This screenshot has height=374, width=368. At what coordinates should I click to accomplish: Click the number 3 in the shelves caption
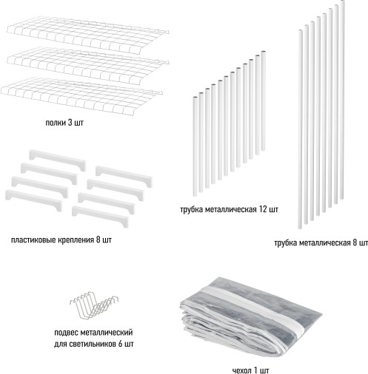click(x=70, y=123)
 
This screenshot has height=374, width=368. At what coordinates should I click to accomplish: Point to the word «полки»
click(x=56, y=123)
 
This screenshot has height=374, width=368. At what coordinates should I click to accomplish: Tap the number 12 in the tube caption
click(x=262, y=209)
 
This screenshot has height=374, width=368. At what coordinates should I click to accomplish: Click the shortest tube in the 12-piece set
click(x=195, y=146)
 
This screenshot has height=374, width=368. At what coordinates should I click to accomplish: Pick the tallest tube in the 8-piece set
click(x=342, y=100)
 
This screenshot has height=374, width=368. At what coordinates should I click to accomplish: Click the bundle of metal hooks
click(x=94, y=305)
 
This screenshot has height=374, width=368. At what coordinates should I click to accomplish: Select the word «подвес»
click(x=65, y=333)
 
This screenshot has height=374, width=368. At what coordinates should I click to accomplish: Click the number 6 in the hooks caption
click(x=121, y=344)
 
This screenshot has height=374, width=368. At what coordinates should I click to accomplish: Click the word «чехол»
click(x=242, y=370)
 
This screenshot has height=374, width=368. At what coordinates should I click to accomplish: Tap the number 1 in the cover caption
click(x=255, y=370)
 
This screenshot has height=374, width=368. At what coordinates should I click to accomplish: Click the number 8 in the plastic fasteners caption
click(x=98, y=240)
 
